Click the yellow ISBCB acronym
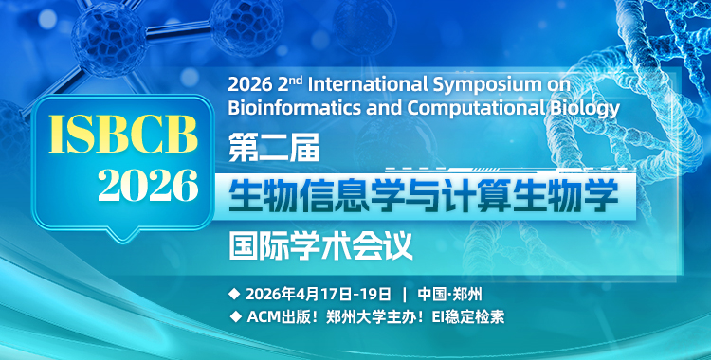[x=116, y=135]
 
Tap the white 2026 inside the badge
[x=147, y=185]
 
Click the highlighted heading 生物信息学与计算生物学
[x=423, y=196]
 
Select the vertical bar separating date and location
[x=405, y=292]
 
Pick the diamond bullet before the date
[x=234, y=292]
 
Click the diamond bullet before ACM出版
[x=234, y=316]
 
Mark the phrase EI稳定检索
[x=465, y=316]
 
